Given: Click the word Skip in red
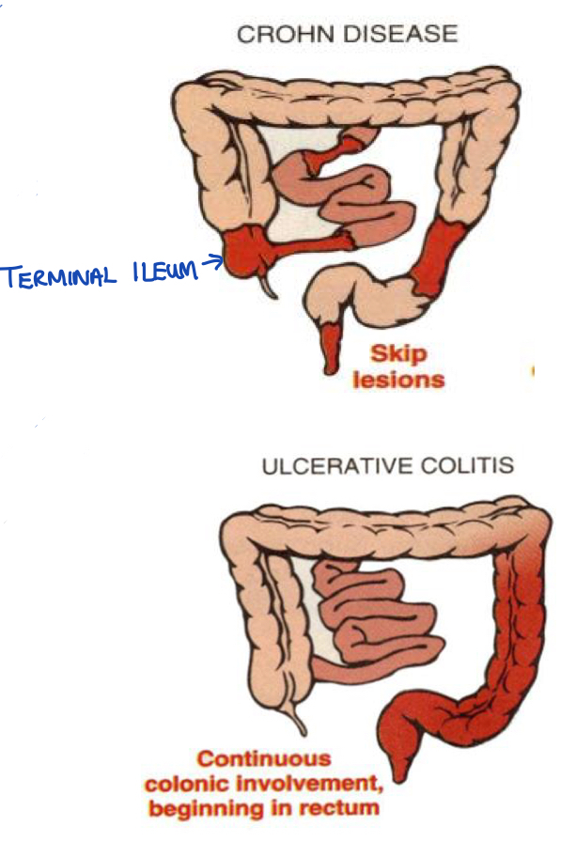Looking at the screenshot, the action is (x=397, y=355).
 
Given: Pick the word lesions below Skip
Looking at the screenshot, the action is (x=397, y=380).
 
